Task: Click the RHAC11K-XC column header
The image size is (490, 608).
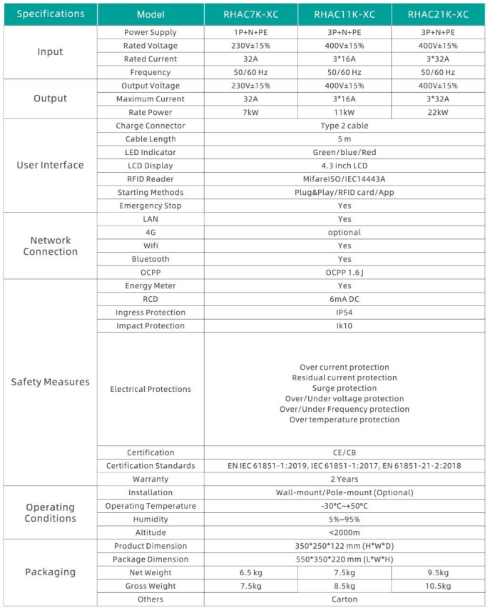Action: tap(344, 14)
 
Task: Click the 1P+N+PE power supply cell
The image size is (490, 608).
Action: tap(250, 32)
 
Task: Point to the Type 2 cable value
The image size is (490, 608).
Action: tap(344, 126)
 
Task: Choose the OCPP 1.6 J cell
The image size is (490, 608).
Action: tap(344, 272)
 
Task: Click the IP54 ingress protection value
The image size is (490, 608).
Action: tap(344, 312)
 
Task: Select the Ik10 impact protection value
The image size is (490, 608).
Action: tap(344, 325)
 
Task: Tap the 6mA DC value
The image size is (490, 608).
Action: tap(344, 299)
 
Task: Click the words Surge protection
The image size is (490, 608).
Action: tap(344, 388)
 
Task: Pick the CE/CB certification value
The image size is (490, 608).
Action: tap(344, 452)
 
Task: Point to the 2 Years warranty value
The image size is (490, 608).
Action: tap(344, 479)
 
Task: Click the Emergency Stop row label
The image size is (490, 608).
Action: tap(150, 206)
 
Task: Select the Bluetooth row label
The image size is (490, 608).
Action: tap(150, 259)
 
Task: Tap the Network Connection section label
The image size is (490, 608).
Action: tap(50, 246)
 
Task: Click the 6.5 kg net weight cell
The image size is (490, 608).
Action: tap(250, 572)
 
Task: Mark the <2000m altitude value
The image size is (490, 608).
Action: tap(344, 532)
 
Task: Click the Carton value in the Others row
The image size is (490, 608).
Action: tap(344, 599)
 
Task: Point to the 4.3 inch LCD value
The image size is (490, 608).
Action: tap(344, 166)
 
